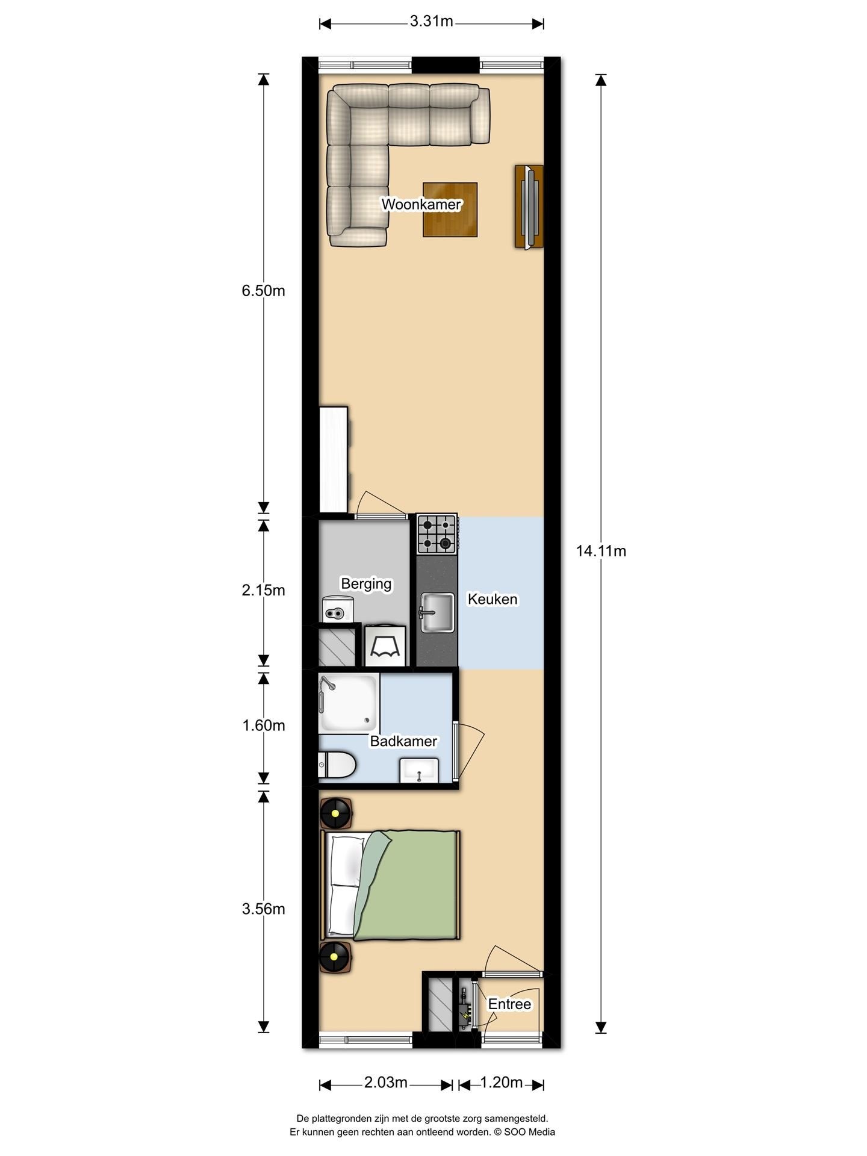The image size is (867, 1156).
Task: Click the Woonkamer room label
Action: (421, 204)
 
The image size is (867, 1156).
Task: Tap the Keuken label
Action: (493, 599)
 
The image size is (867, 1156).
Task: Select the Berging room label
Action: (366, 584)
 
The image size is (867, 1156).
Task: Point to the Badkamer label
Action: (403, 741)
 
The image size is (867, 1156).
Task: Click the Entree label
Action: (509, 1004)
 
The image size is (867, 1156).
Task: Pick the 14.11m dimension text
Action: (601, 551)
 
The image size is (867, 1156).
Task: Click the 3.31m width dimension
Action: (431, 22)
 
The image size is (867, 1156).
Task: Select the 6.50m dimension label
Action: (263, 291)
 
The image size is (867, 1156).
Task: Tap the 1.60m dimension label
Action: (263, 726)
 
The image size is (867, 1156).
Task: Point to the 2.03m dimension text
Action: (385, 1083)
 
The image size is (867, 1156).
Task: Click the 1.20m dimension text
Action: (501, 1083)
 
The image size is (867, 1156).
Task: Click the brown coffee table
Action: (450, 210)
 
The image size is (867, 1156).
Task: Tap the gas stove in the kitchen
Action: (437, 534)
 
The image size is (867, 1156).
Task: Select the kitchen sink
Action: (437, 612)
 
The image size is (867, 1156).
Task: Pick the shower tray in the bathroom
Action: (349, 703)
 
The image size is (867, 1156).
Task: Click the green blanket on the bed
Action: (407, 885)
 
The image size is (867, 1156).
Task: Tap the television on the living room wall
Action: (529, 207)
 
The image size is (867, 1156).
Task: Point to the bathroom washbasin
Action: (419, 770)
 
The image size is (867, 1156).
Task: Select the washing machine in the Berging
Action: (385, 645)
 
